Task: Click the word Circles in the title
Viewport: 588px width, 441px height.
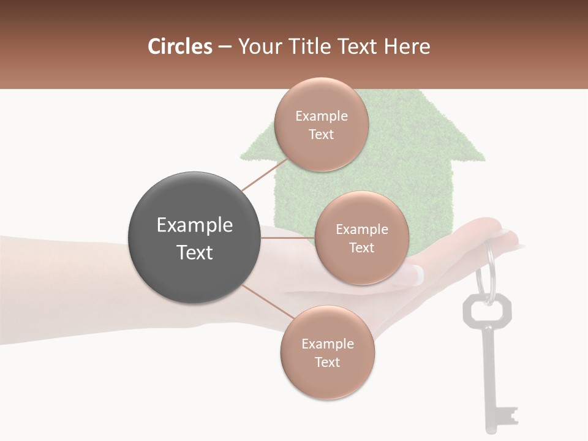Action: (179, 47)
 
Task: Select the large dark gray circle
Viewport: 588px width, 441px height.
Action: (194, 238)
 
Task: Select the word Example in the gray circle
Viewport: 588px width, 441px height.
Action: (195, 225)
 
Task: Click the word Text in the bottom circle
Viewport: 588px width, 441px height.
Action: (327, 362)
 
